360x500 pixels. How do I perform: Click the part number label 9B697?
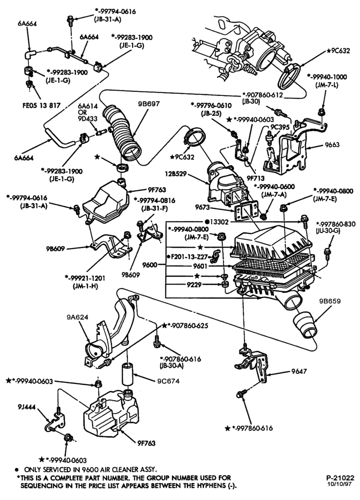pyautogui.click(x=149, y=104)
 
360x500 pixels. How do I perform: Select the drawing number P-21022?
pyautogui.click(x=340, y=478)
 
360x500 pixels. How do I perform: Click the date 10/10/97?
pyautogui.click(x=341, y=484)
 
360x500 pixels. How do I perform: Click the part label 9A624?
pyautogui.click(x=77, y=317)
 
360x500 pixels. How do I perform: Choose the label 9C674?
pyautogui.click(x=168, y=380)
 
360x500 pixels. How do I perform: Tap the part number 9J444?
pyautogui.click(x=27, y=406)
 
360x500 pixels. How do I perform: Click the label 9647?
pyautogui.click(x=299, y=371)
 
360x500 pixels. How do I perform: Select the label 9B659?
pyautogui.click(x=330, y=301)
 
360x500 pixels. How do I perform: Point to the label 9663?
pyautogui.click(x=332, y=144)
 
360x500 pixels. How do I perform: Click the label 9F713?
pyautogui.click(x=255, y=178)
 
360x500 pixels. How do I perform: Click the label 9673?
pyautogui.click(x=202, y=207)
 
